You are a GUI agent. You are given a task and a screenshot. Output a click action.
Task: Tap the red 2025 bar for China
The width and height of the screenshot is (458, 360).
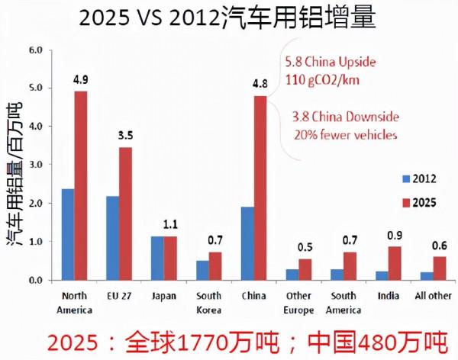[260, 188]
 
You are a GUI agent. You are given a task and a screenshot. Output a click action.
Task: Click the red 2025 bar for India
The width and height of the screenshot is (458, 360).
[394, 263]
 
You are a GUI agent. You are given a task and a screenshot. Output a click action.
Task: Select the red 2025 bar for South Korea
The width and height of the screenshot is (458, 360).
[215, 266]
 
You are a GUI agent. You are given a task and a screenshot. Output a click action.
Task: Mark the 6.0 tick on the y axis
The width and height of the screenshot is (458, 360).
[35, 50]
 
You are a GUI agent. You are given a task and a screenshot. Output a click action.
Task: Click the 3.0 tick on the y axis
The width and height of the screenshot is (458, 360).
[35, 165]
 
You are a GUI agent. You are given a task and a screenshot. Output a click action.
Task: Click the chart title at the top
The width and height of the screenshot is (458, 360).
[230, 18]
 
